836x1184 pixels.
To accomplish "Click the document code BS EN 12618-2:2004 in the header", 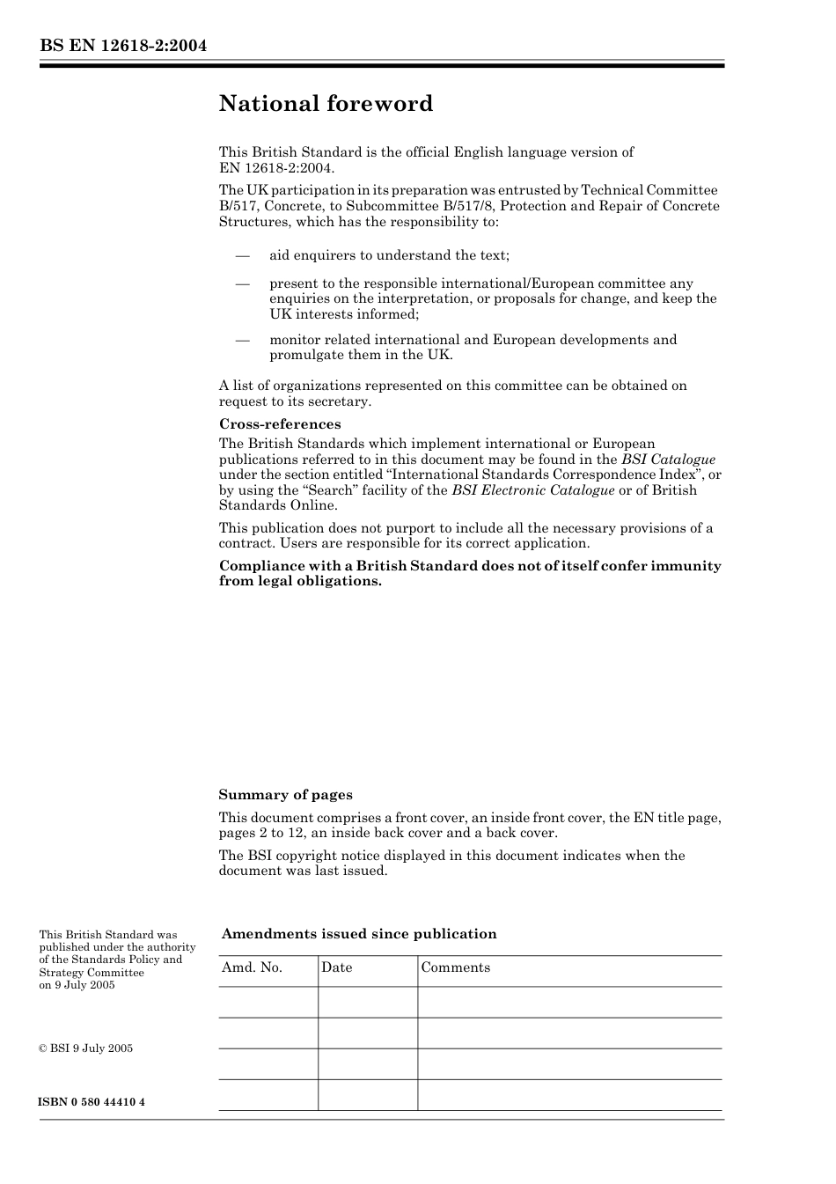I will coord(122,46).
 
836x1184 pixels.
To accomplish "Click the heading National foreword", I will coord(326,104).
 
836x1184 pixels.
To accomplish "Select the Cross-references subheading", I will coord(280,424).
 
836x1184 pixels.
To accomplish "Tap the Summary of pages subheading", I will coord(285,795).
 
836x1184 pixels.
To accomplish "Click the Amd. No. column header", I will coord(252,967).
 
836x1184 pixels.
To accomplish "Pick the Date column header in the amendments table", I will coord(336,967).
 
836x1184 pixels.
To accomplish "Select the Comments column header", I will coord(455,967).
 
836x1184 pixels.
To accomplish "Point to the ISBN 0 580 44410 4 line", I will coord(92,1102).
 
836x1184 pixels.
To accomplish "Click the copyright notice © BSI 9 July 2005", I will coord(85,1048).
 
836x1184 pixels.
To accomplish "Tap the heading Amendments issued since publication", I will coord(358,934).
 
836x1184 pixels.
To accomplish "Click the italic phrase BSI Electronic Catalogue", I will coord(533,490).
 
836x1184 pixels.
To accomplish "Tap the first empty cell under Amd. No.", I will coord(268,1002).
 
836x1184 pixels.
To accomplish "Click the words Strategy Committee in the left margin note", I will coord(92,973).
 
